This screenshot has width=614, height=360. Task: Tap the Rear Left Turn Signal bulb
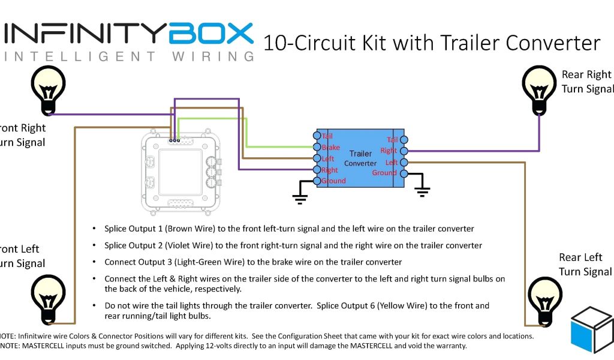[544, 298]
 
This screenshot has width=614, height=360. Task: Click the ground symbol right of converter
[423, 190]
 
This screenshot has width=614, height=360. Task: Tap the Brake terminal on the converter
[317, 148]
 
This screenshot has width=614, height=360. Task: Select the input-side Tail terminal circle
[317, 136]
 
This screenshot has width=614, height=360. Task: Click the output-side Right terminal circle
[404, 151]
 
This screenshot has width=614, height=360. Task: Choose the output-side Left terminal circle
[404, 163]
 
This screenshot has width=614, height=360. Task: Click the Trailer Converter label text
[361, 158]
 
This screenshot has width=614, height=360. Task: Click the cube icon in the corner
[592, 332]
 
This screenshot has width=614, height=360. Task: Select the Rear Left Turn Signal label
[585, 265]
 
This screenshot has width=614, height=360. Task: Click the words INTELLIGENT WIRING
[129, 57]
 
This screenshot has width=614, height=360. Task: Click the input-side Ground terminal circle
[317, 181]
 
